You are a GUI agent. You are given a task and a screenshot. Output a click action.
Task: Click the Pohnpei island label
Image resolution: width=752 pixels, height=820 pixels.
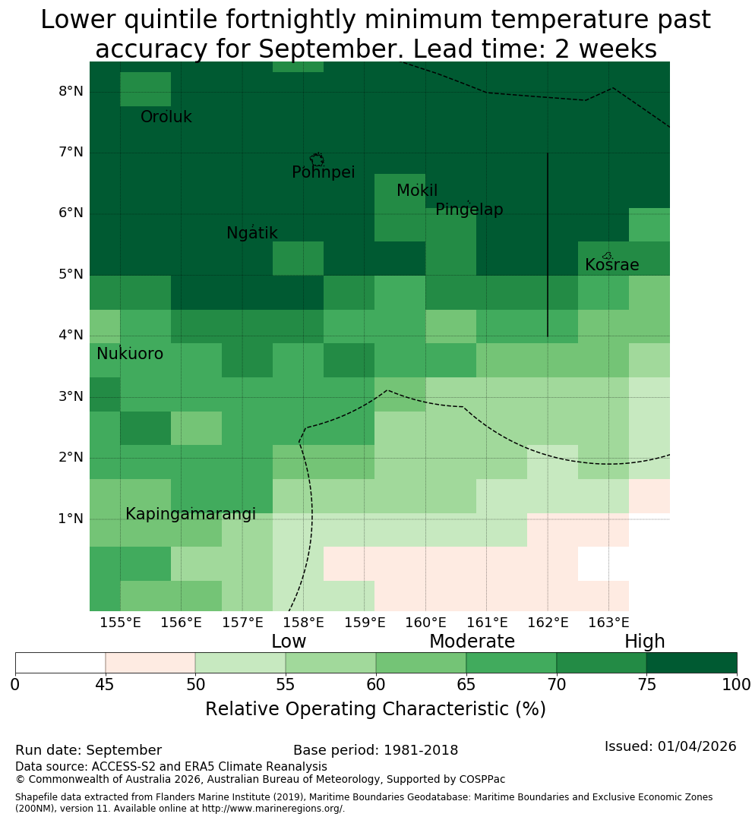pyautogui.click(x=323, y=172)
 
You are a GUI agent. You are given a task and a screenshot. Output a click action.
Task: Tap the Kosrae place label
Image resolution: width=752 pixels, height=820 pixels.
pyautogui.click(x=611, y=265)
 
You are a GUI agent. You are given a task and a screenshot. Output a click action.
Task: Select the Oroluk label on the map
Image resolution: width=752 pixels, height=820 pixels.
pyautogui.click(x=166, y=117)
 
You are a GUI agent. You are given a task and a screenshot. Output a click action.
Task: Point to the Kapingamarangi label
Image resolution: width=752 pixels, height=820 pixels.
pyautogui.click(x=191, y=514)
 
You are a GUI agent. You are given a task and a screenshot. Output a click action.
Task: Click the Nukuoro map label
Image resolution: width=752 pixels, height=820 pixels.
pyautogui.click(x=130, y=354)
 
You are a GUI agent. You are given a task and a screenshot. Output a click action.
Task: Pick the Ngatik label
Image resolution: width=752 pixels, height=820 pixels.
pyautogui.click(x=251, y=233)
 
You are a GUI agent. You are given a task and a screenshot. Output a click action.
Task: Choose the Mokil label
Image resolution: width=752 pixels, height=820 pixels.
pyautogui.click(x=417, y=191)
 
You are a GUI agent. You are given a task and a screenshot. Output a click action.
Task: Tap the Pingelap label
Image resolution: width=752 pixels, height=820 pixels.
pyautogui.click(x=469, y=210)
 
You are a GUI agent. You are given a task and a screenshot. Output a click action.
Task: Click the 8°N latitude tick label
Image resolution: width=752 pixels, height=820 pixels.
pyautogui.click(x=71, y=92)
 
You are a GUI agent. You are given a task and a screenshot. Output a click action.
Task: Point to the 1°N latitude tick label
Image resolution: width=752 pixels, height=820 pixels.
pyautogui.click(x=71, y=519)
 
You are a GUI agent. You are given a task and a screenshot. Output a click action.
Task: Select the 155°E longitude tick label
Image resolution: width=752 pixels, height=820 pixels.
pyautogui.click(x=120, y=623)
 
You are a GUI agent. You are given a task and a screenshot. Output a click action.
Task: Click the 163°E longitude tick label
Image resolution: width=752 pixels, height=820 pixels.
pyautogui.click(x=608, y=623)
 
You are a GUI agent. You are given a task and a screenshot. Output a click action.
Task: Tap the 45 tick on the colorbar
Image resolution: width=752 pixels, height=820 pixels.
pyautogui.click(x=105, y=685)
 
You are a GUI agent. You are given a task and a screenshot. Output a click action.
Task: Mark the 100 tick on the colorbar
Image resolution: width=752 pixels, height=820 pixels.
pyautogui.click(x=737, y=685)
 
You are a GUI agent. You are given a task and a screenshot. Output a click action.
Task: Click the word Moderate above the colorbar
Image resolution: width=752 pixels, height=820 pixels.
pyautogui.click(x=472, y=641)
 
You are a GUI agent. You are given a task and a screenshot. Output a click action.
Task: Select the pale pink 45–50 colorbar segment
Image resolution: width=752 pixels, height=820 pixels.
pyautogui.click(x=150, y=663)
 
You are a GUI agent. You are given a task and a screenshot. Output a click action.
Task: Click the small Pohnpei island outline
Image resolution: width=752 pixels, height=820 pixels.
pyautogui.click(x=317, y=159)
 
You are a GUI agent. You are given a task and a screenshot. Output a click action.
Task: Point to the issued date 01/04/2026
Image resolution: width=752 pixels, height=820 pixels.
pyautogui.click(x=697, y=746)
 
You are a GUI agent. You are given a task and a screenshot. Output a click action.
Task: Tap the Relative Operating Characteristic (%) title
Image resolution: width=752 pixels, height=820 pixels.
pyautogui.click(x=375, y=709)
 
